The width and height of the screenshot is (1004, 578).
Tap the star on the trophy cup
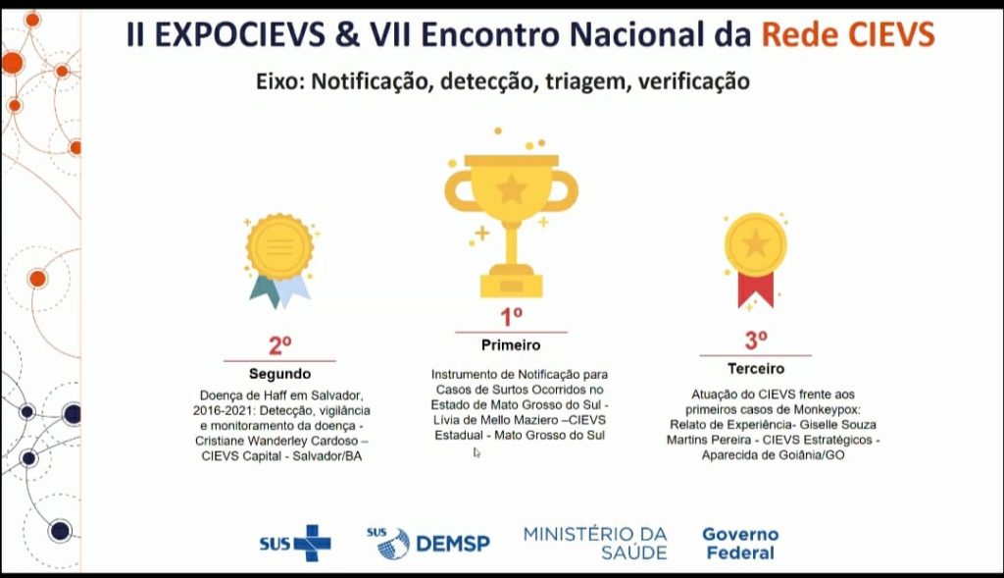511,189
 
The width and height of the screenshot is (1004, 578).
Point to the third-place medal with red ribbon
756,260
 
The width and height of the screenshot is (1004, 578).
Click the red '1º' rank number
511,317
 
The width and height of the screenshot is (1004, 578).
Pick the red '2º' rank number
279,345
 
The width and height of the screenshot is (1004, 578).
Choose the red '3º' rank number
756,340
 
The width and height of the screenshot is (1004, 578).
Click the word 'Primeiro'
511,345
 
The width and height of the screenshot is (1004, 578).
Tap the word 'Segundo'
279,374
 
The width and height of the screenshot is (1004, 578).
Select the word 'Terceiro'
756,368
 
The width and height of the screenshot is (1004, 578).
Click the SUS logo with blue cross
295,544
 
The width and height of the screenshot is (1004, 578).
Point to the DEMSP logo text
453,544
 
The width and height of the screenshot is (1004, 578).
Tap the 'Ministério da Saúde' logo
595,544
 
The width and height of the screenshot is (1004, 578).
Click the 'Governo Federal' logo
740,544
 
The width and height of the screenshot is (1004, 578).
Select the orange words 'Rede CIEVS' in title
848,34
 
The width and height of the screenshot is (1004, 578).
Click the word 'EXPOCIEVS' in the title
239,34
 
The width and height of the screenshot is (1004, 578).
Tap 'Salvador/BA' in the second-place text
327,456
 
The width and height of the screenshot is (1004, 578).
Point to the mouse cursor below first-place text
477,452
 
